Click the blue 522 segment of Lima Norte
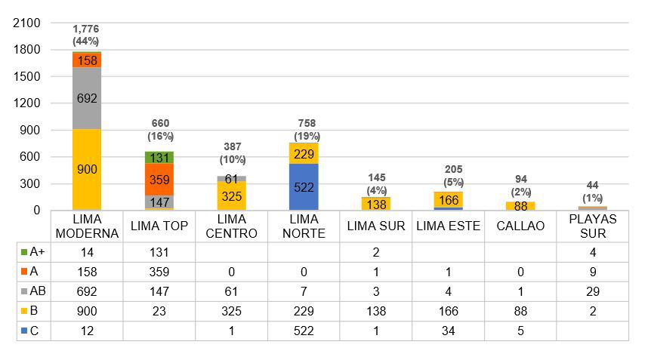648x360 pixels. coord(304,187)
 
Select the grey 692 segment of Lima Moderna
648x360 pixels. coord(87,98)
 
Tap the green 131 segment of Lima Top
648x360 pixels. coord(159,158)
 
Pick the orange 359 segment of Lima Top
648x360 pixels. coord(159,180)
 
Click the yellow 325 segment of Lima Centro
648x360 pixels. coord(231,195)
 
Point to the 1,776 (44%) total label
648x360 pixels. coord(86,35)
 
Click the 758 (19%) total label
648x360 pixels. coord(304,130)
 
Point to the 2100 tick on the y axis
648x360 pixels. coord(27,23)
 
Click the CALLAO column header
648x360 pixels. coord(520,226)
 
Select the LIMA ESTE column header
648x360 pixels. coord(448,226)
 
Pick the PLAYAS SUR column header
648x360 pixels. coord(593,226)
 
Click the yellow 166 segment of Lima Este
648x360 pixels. coord(448,200)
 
